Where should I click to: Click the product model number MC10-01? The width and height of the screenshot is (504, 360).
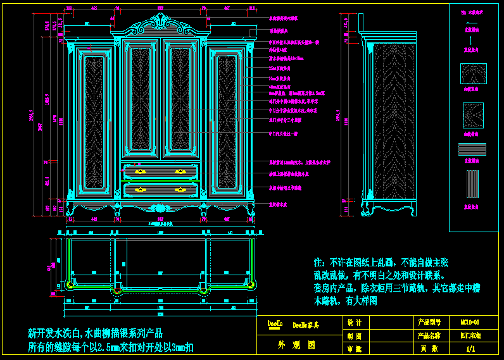tap(470, 323)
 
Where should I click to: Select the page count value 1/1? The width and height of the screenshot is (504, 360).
tap(470, 348)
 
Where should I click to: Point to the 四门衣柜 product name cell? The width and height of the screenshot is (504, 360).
tap(470, 335)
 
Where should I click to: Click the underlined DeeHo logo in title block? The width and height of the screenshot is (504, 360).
tap(275, 324)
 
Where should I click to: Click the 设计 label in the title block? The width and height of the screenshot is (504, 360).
tap(355, 323)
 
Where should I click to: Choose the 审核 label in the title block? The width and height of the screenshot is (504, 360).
tap(355, 348)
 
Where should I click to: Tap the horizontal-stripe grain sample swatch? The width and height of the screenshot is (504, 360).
tap(472, 150)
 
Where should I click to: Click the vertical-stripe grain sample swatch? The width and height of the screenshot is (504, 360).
tap(472, 185)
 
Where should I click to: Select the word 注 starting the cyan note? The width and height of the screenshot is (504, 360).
tap(318, 262)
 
